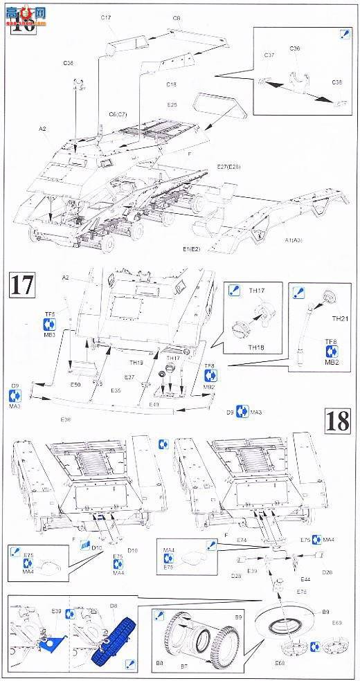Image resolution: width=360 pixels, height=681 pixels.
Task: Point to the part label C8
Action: [177, 17]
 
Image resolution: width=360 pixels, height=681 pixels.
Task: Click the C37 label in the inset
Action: [269, 55]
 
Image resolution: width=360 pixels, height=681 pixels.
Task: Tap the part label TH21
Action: [340, 319]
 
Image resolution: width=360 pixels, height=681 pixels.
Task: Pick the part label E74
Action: [242, 539]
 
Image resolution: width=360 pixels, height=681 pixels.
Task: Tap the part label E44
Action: [305, 579]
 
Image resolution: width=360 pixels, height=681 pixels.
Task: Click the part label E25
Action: [172, 105]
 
